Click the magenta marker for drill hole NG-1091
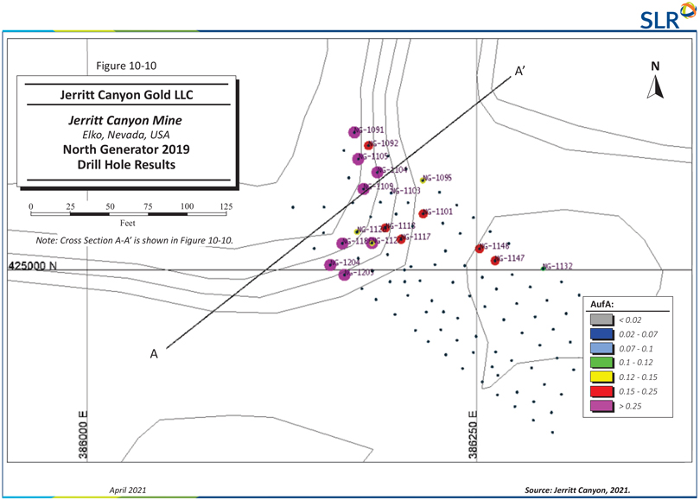[x=353, y=132]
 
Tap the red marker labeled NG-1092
[x=368, y=145]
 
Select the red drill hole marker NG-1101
[x=423, y=213]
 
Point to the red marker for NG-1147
[x=495, y=260]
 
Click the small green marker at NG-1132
[x=544, y=269]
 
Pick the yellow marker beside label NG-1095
[x=423, y=180]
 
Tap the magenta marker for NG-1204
[x=330, y=264]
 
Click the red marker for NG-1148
[x=480, y=249]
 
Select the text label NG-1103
[x=405, y=191]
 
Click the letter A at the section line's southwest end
[x=155, y=352]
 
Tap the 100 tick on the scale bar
[x=187, y=208]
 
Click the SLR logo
[x=665, y=16]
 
